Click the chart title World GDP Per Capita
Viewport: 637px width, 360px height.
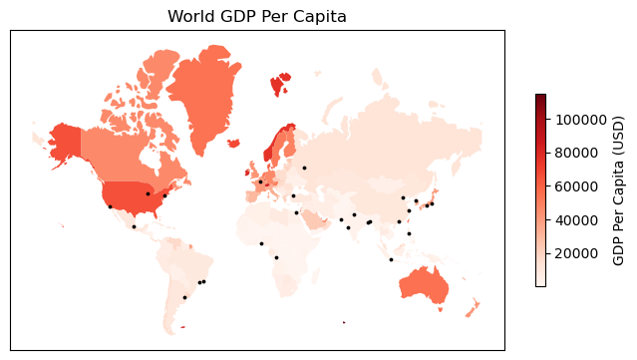(257, 16)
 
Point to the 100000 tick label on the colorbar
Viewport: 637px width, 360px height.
(583, 120)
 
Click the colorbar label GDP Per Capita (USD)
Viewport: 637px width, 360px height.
(619, 190)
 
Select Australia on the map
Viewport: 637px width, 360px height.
(430, 284)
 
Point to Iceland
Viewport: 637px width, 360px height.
(233, 143)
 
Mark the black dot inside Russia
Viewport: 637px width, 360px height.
(304, 168)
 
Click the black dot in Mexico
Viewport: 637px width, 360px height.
(134, 226)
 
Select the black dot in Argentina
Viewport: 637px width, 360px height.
(184, 297)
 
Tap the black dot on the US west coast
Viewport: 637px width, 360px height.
(110, 206)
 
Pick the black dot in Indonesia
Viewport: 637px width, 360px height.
(391, 259)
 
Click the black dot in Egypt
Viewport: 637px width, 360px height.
(296, 212)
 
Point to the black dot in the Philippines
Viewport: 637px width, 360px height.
(409, 233)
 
